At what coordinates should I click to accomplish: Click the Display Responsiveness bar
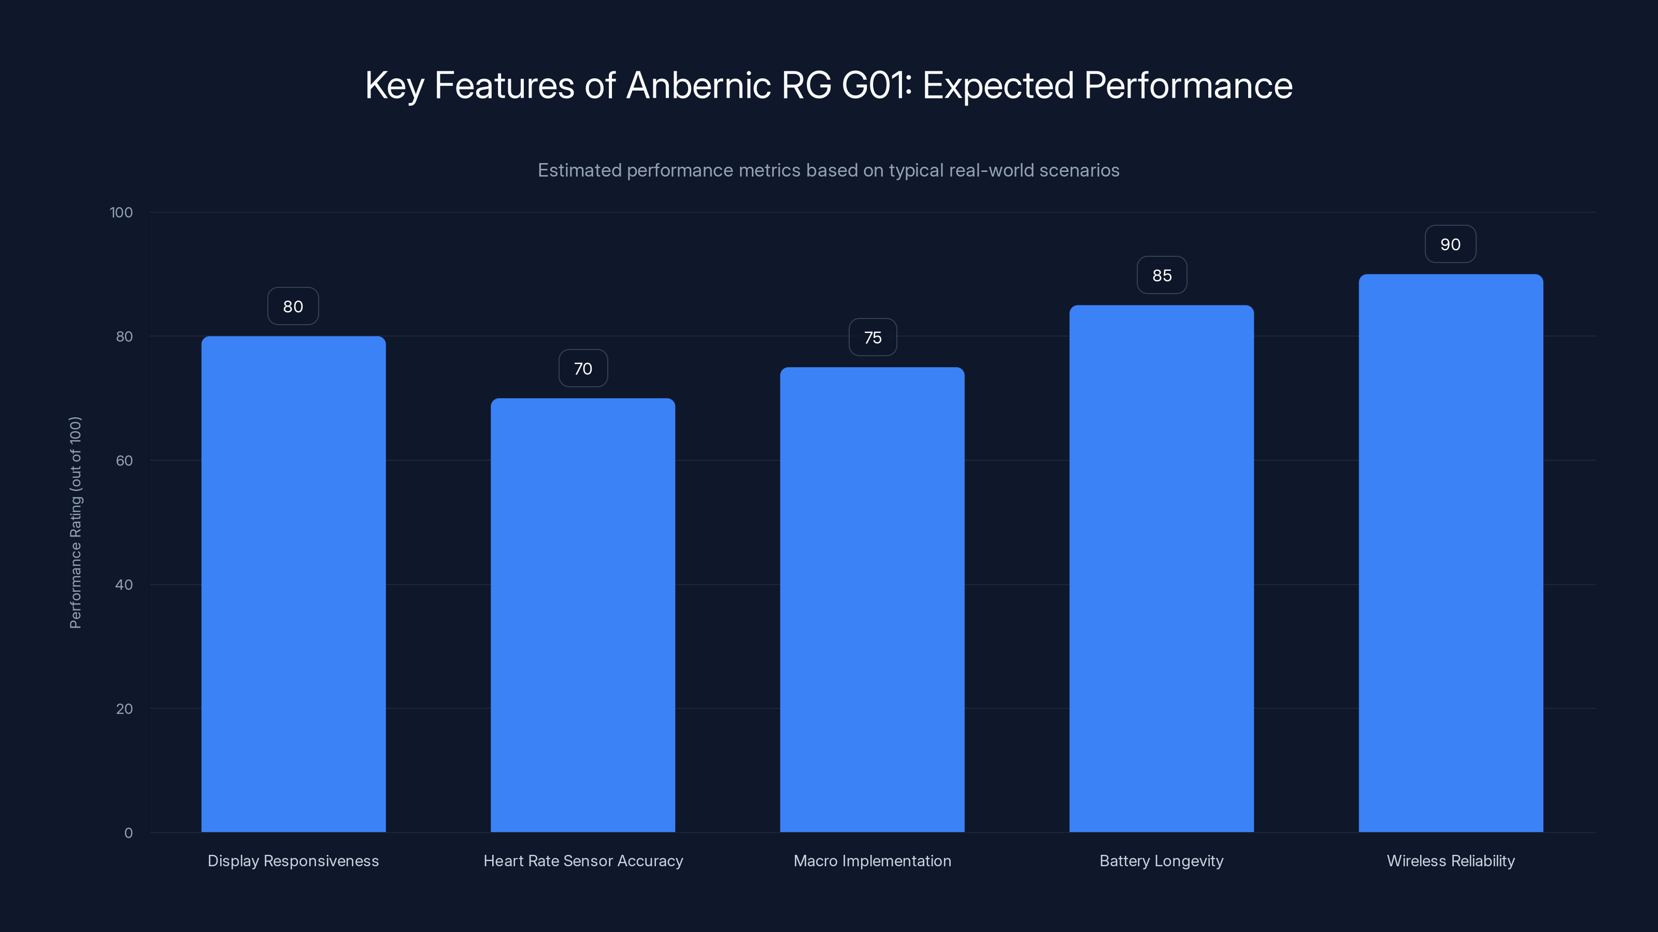pyautogui.click(x=293, y=584)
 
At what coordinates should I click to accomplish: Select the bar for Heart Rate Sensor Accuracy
pyautogui.click(x=582, y=615)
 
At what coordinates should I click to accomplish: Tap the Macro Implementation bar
pyautogui.click(x=872, y=600)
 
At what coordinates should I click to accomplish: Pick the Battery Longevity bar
pyautogui.click(x=1161, y=569)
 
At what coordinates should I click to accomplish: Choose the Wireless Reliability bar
pyautogui.click(x=1451, y=553)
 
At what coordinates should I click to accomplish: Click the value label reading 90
pyautogui.click(x=1450, y=244)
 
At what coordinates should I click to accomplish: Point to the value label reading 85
pyautogui.click(x=1162, y=275)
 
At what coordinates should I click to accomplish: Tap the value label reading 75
pyautogui.click(x=873, y=338)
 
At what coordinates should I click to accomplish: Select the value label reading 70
pyautogui.click(x=582, y=369)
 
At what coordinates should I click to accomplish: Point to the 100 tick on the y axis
pyautogui.click(x=121, y=213)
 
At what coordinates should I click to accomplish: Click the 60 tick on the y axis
pyautogui.click(x=124, y=460)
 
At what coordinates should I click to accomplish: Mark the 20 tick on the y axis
pyautogui.click(x=124, y=709)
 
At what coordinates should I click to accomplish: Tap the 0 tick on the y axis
pyautogui.click(x=128, y=833)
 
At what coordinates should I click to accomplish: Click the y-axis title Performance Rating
pyautogui.click(x=75, y=522)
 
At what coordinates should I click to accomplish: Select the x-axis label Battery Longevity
pyautogui.click(x=1161, y=861)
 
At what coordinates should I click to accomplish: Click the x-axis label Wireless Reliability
pyautogui.click(x=1451, y=861)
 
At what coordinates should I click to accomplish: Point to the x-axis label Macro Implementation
pyautogui.click(x=872, y=861)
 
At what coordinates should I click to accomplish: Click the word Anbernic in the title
pyautogui.click(x=698, y=85)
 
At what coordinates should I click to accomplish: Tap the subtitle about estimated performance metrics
pyautogui.click(x=828, y=170)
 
